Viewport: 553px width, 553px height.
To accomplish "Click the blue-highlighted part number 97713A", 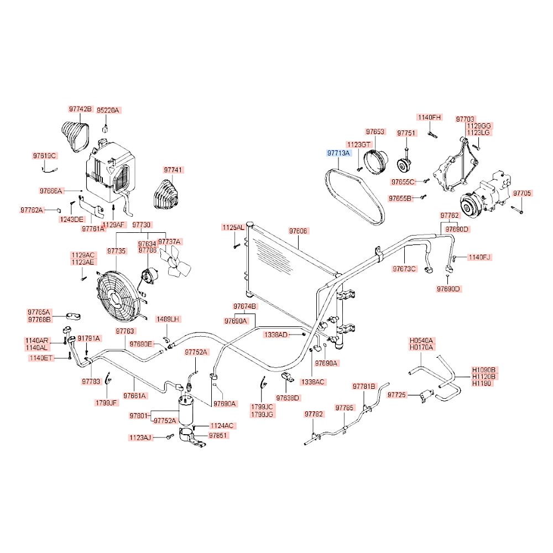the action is (x=338, y=153).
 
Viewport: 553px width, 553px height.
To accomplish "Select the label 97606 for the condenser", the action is (x=298, y=231).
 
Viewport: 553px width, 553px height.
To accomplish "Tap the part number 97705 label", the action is (x=521, y=193).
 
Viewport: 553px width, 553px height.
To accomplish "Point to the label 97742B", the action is (x=80, y=109).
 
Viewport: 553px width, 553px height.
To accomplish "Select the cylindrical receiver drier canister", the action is (x=186, y=410).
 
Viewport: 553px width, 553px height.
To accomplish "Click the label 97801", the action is (x=138, y=415).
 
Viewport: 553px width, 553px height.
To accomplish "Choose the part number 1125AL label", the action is (x=233, y=227).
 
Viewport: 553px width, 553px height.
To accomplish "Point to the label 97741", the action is (x=173, y=170).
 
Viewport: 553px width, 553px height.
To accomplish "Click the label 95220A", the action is (x=108, y=111).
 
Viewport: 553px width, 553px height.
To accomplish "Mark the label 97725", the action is (x=397, y=395).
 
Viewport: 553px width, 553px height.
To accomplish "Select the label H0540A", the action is (x=421, y=341).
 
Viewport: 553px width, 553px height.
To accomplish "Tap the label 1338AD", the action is (x=276, y=335).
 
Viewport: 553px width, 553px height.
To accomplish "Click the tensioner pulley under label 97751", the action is (x=404, y=165).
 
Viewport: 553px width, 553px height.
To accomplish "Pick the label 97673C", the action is (x=404, y=269).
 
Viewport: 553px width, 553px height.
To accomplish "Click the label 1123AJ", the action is (x=140, y=437).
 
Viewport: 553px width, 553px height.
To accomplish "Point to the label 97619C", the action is (x=44, y=155).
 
